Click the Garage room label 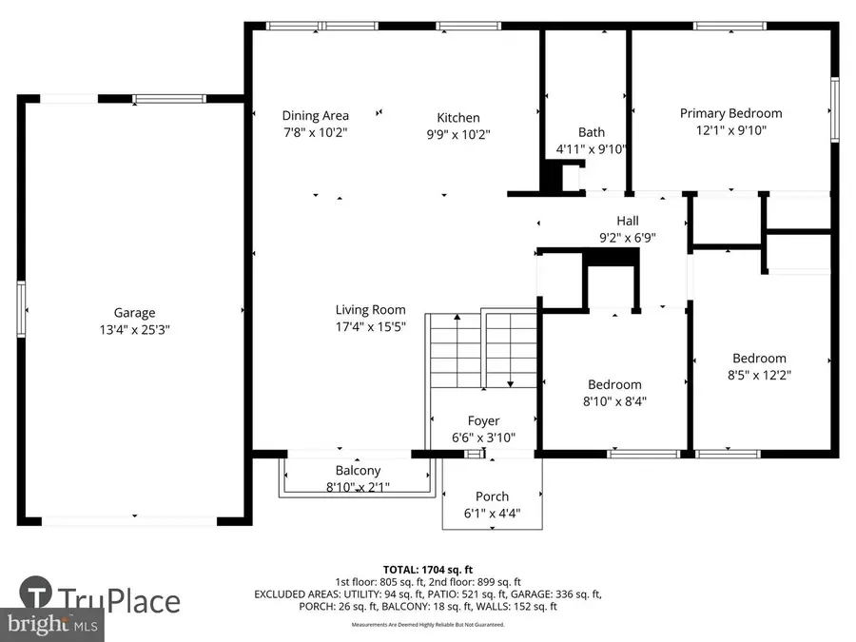134,312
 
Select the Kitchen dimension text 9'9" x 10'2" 458,134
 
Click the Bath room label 591,132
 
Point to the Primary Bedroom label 730,113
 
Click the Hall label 627,221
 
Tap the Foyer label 483,420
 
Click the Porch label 492,496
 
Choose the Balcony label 358,470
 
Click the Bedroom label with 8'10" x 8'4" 613,384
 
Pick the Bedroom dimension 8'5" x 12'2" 758,375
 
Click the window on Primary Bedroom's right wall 834,109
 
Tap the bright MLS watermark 52,626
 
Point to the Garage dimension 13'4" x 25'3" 134,329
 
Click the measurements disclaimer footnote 427,625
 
